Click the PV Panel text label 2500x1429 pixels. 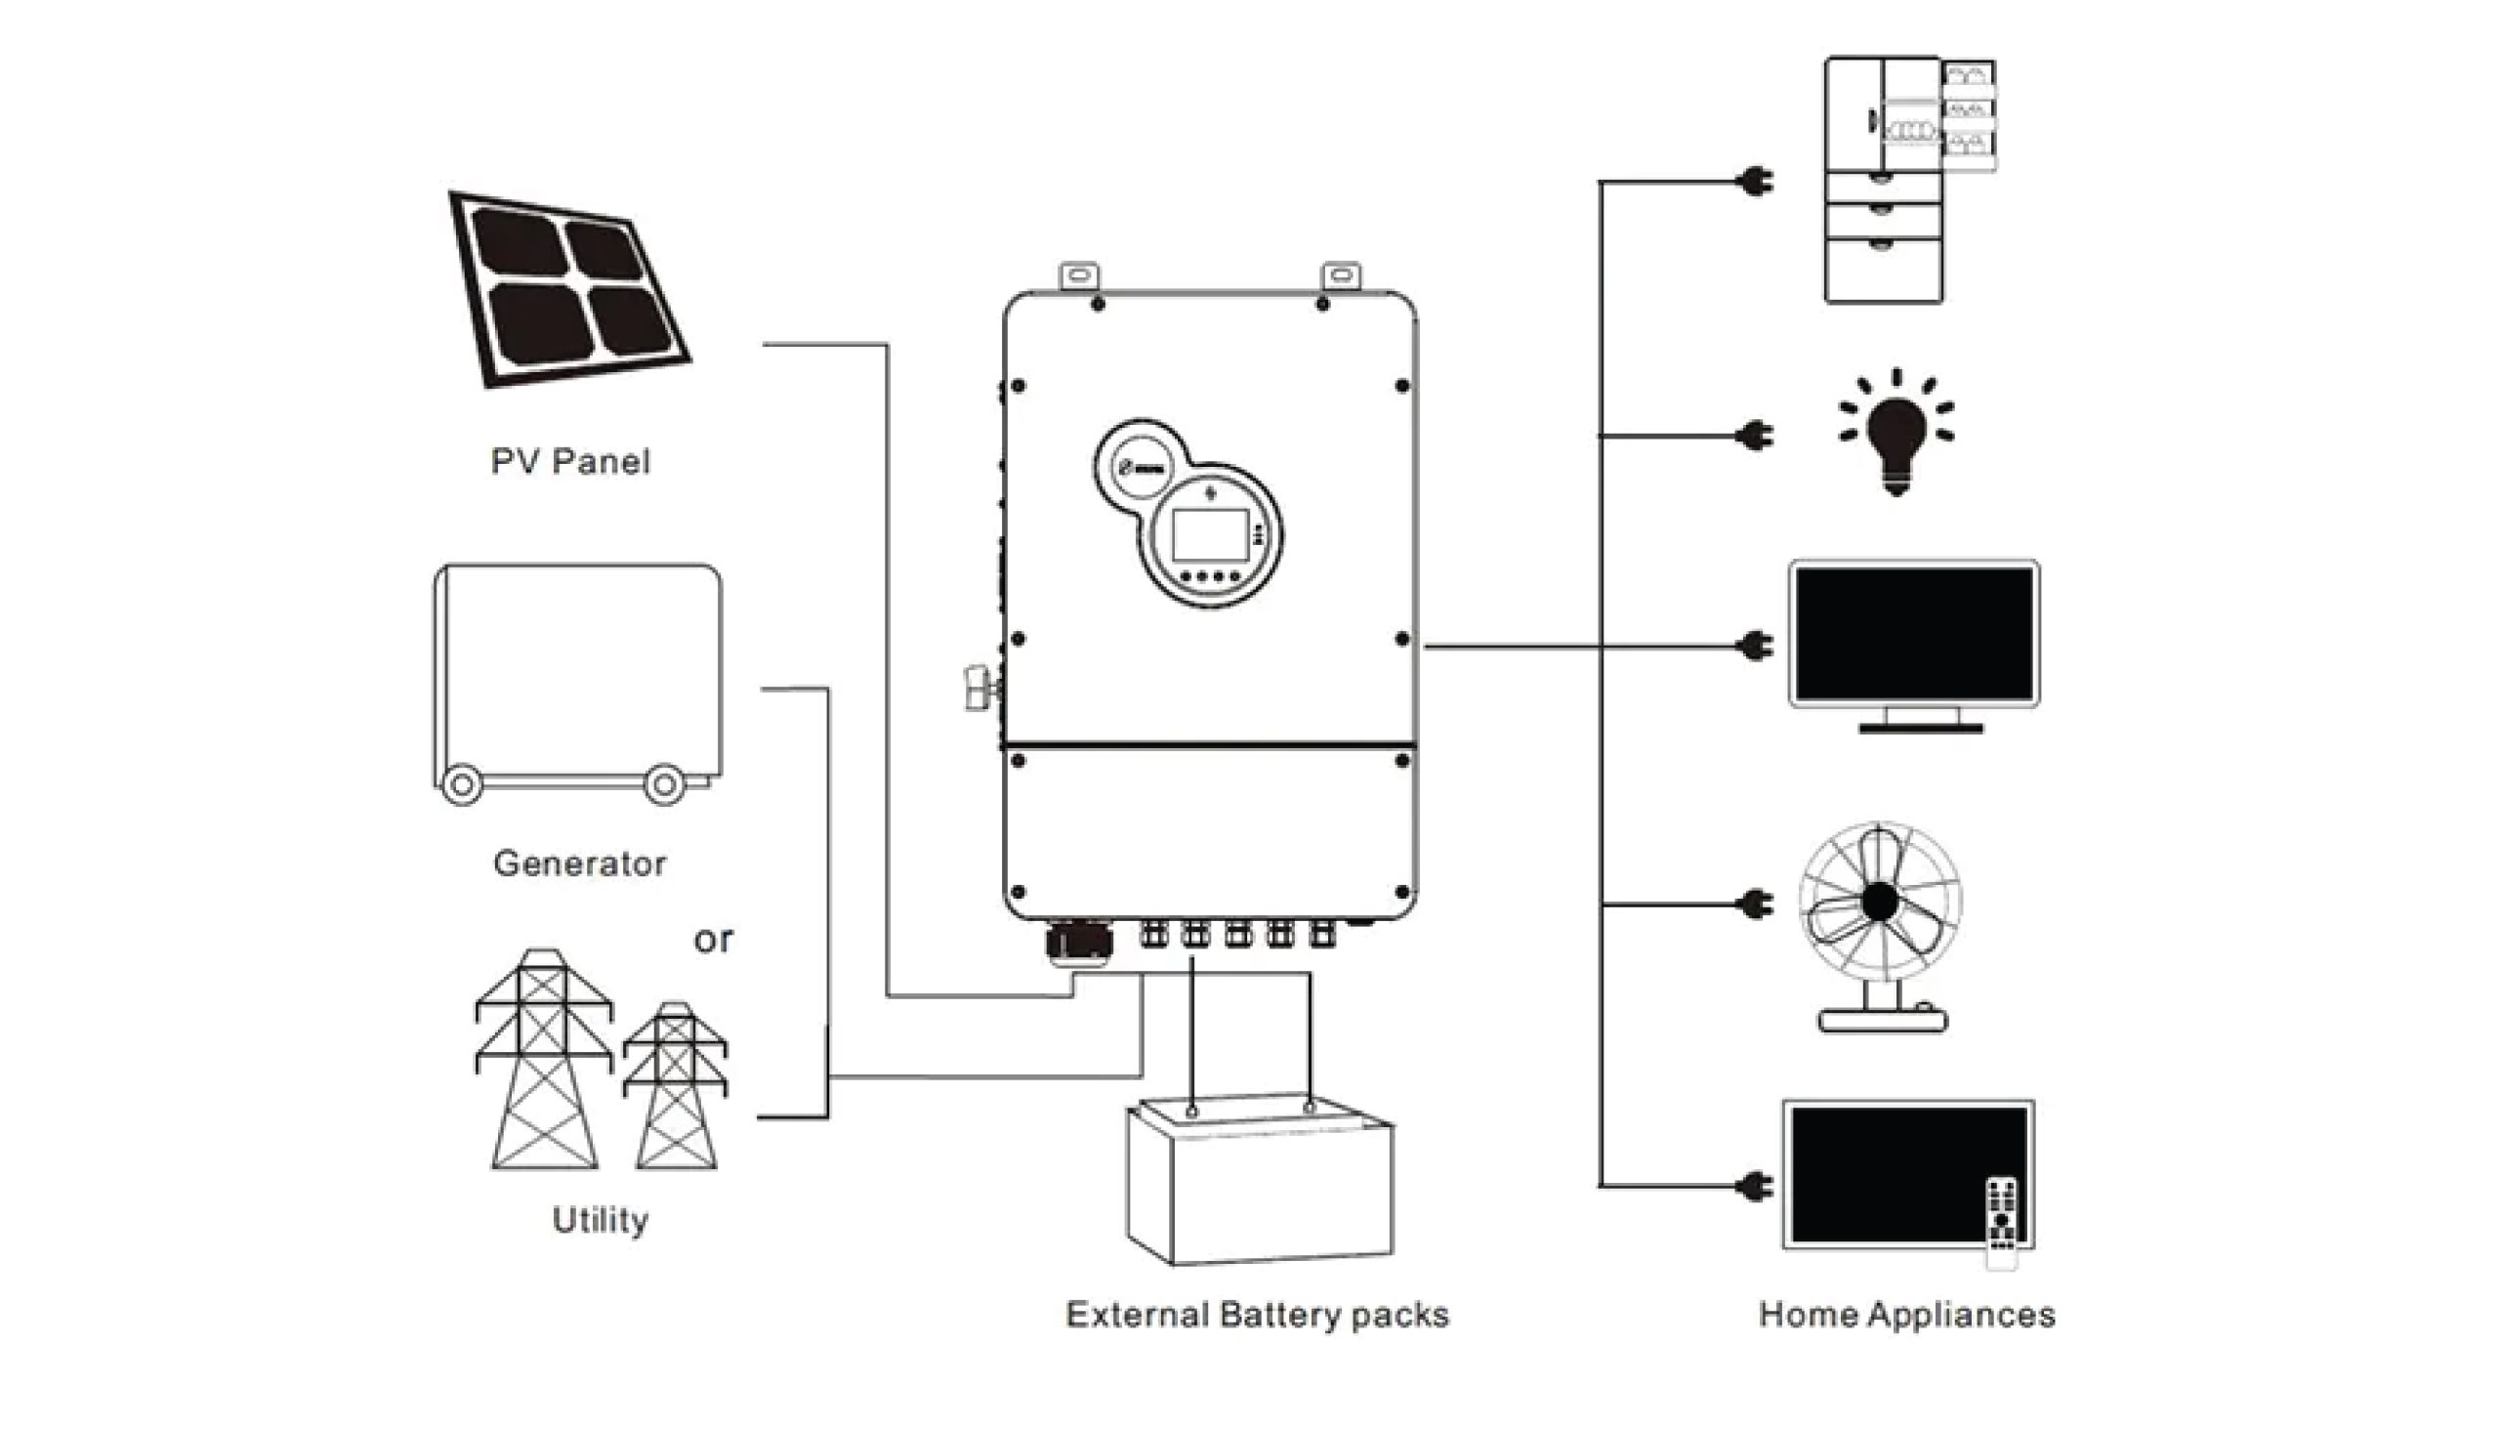[x=570, y=461]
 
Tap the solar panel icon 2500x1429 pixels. [x=569, y=288]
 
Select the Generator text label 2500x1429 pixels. [x=580, y=863]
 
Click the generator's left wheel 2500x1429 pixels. [x=461, y=784]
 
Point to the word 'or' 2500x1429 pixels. [x=713, y=941]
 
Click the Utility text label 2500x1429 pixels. [x=601, y=1220]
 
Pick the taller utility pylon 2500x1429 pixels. [x=544, y=1060]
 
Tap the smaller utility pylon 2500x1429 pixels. [x=676, y=1085]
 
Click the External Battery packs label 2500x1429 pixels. [x=1257, y=1314]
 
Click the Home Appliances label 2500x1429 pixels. [x=1906, y=1314]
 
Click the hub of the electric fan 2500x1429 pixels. [x=1879, y=902]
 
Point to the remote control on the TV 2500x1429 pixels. [x=2002, y=1222]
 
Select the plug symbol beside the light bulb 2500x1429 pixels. [x=1755, y=435]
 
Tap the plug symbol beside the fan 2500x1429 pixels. [x=1755, y=903]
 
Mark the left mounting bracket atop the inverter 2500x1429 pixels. [x=1078, y=275]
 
